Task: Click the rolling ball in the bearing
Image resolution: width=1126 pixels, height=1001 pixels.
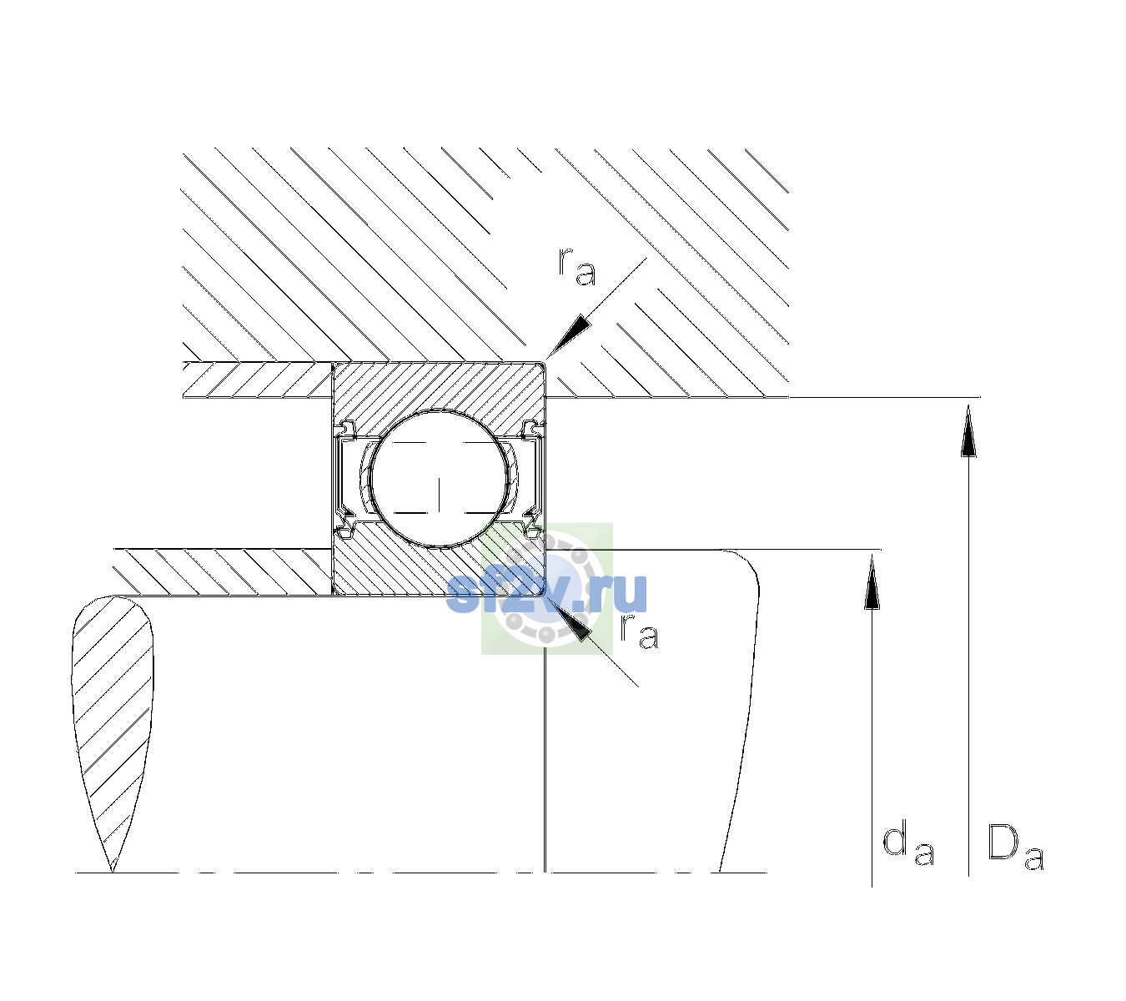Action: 439,479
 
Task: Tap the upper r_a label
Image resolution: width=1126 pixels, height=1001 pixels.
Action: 577,266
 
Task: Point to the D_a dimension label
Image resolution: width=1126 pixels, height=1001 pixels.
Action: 1015,847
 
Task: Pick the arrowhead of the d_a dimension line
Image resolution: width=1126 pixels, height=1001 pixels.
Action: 872,582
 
